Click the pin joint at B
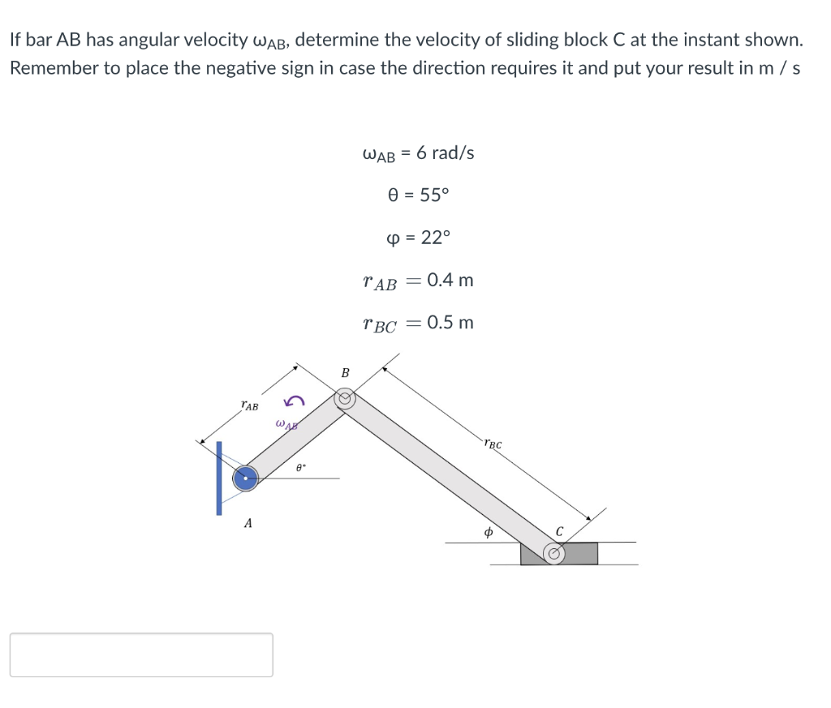click(x=346, y=399)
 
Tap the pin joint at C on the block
click(x=555, y=554)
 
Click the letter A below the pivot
click(x=248, y=524)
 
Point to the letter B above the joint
click(x=345, y=373)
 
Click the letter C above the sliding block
click(x=559, y=532)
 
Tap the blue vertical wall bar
click(x=219, y=478)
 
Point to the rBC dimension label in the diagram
click(x=493, y=444)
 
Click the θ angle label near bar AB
click(x=299, y=467)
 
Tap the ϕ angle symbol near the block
click(x=488, y=533)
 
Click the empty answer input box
click(x=141, y=654)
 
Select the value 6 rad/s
click(x=445, y=152)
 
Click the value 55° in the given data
click(x=433, y=195)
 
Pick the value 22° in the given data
click(x=434, y=238)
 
